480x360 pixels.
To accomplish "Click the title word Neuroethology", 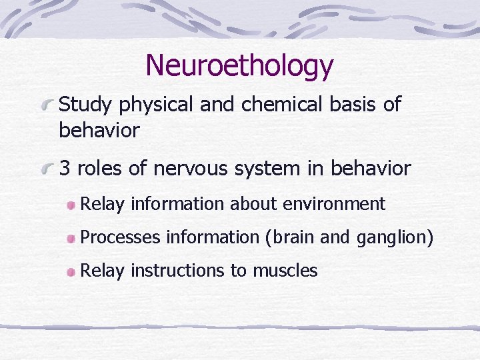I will pos(239,65).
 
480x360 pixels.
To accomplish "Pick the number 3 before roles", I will pos(65,169).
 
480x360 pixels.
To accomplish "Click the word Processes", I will pos(121,238).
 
